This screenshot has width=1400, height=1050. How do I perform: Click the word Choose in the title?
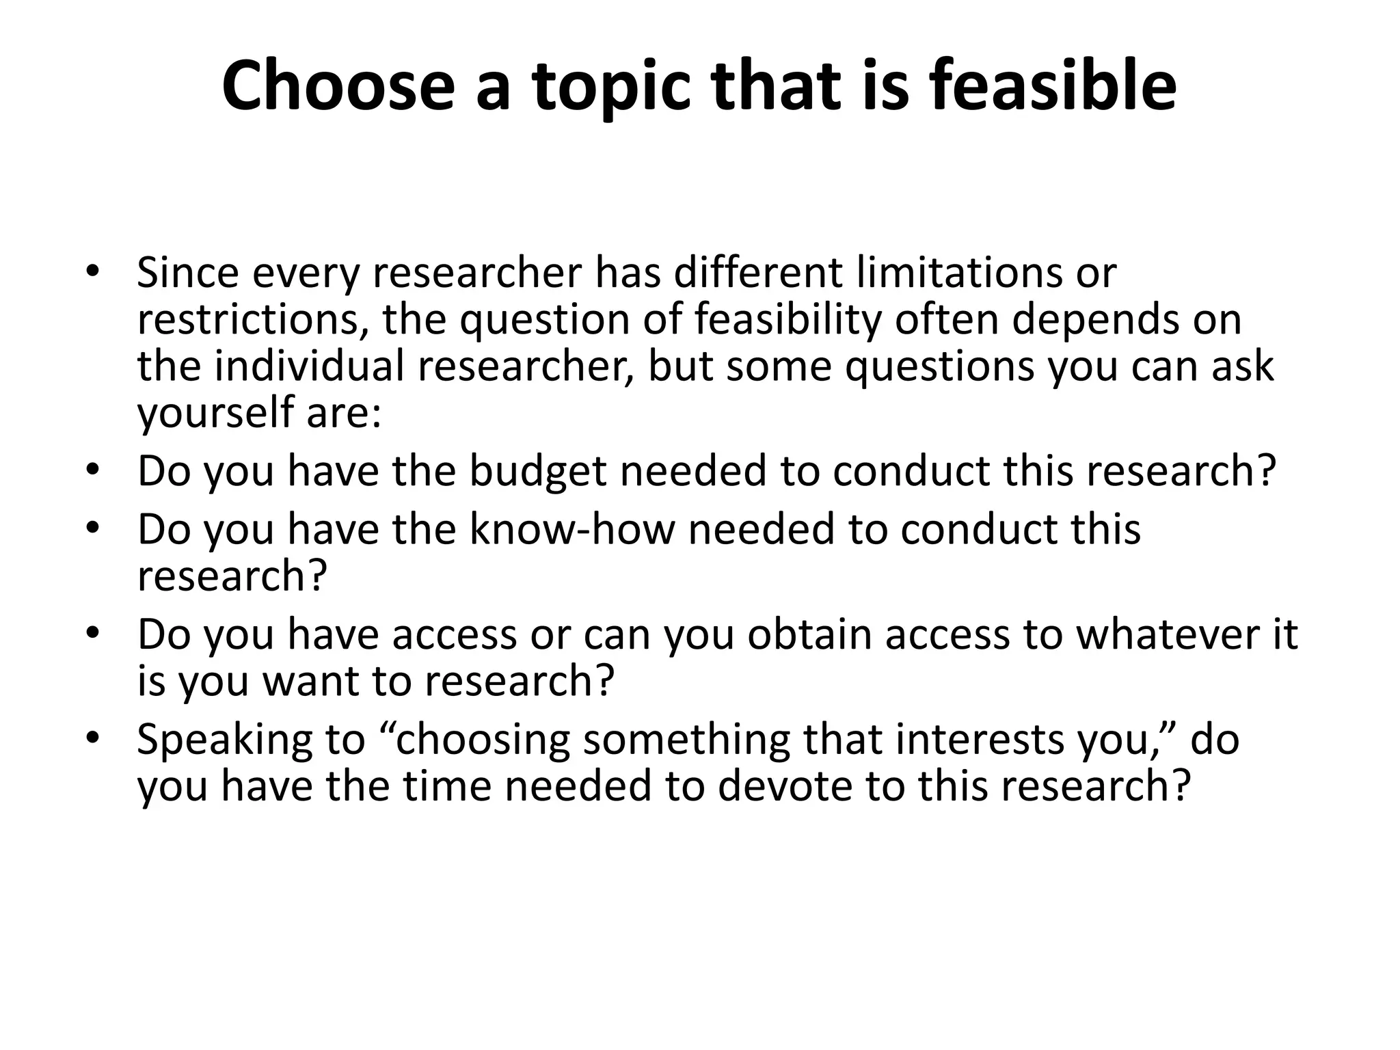coord(338,86)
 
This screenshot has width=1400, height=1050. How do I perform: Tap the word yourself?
coord(215,414)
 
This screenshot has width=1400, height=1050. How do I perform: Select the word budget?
coord(538,472)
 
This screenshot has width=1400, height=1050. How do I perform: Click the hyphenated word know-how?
coord(571,529)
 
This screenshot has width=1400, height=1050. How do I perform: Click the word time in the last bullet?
coord(447,786)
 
